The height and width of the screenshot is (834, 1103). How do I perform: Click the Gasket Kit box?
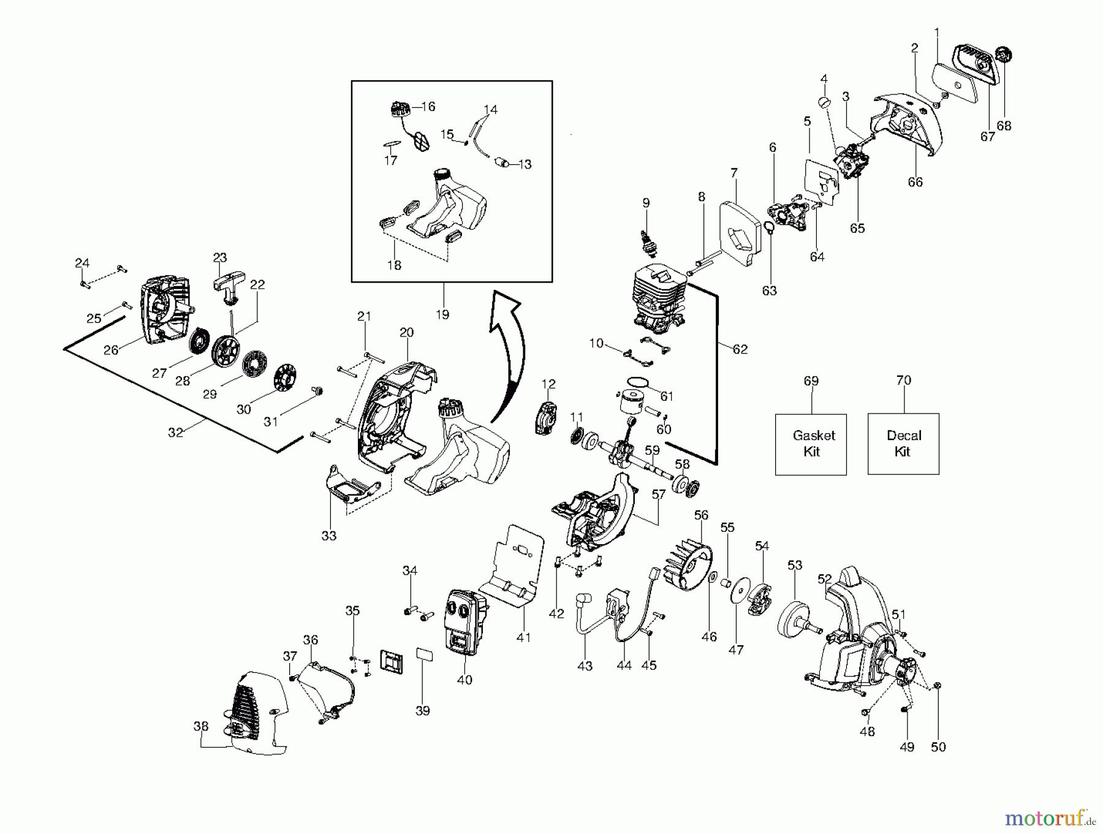click(x=811, y=444)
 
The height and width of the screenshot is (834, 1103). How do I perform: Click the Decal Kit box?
click(x=903, y=444)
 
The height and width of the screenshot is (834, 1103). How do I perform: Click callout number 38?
click(x=201, y=726)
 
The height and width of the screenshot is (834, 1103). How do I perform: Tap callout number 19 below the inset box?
click(x=442, y=314)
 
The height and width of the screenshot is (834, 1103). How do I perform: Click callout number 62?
click(x=740, y=349)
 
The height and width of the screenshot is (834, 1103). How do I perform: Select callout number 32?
click(x=176, y=432)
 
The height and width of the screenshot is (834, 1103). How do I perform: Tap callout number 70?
click(x=903, y=380)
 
